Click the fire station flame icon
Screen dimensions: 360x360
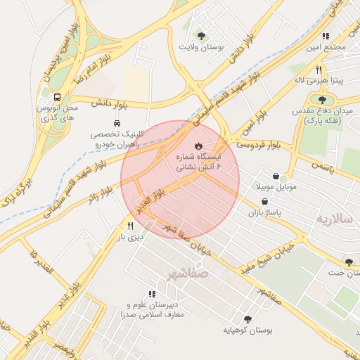tap(198, 145)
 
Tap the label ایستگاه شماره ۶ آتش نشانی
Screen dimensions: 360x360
tap(197, 162)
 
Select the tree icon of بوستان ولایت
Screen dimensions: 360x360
tap(202, 35)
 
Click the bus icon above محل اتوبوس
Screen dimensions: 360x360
tap(56, 97)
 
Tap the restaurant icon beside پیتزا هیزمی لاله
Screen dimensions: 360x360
tap(319, 70)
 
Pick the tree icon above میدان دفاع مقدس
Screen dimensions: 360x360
tap(322, 100)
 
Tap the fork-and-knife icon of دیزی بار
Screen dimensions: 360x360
tap(131, 226)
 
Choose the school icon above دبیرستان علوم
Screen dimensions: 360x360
tap(151, 294)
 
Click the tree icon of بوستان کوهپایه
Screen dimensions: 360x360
tap(247, 319)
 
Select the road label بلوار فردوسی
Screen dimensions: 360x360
tap(257, 145)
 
